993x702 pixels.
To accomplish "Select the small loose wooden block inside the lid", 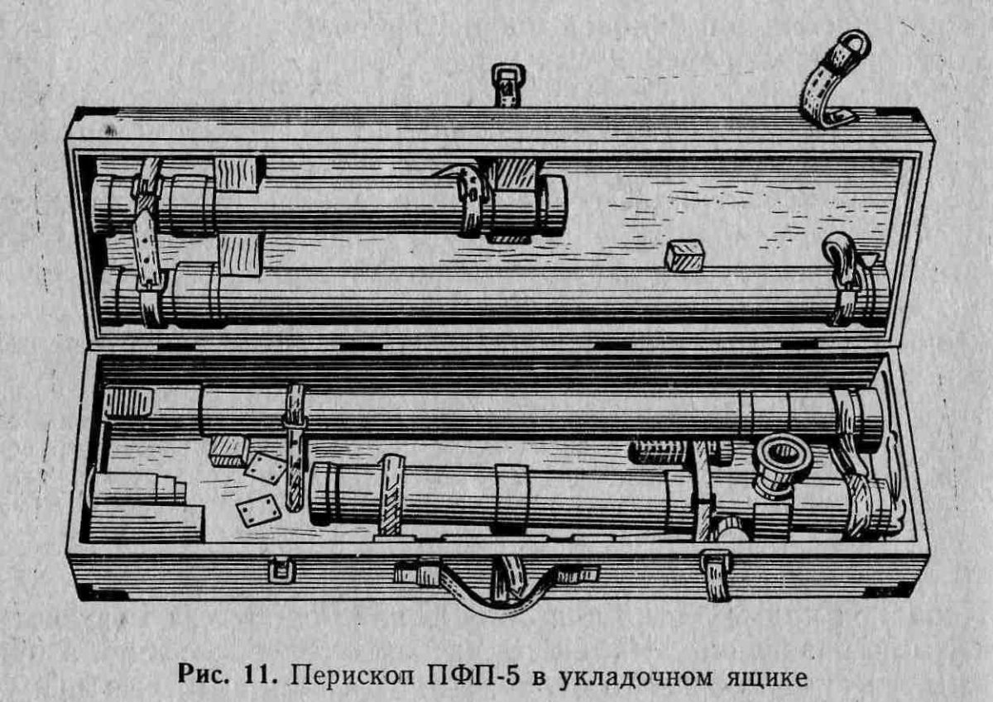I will pyautogui.click(x=684, y=255).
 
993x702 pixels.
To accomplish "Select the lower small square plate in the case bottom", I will pyautogui.click(x=257, y=513).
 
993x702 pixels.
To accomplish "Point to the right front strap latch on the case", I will pyautogui.click(x=716, y=571).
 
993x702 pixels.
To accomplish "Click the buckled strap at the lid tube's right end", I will pyautogui.click(x=844, y=277).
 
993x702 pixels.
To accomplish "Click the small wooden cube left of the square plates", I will pyautogui.click(x=228, y=451).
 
